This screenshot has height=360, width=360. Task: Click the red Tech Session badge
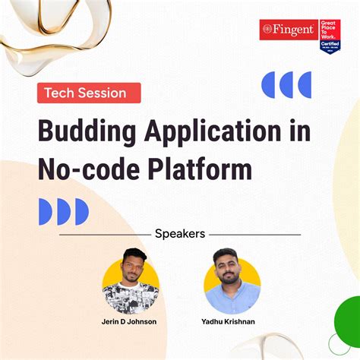[x=89, y=93]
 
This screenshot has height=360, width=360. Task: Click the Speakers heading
[x=179, y=234]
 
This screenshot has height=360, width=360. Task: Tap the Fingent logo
[x=288, y=29]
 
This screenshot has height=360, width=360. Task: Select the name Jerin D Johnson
[x=130, y=322]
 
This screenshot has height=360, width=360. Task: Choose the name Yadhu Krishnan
[x=232, y=322]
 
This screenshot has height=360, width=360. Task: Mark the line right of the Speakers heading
[x=254, y=235]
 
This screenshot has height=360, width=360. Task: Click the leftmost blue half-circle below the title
[x=45, y=212]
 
